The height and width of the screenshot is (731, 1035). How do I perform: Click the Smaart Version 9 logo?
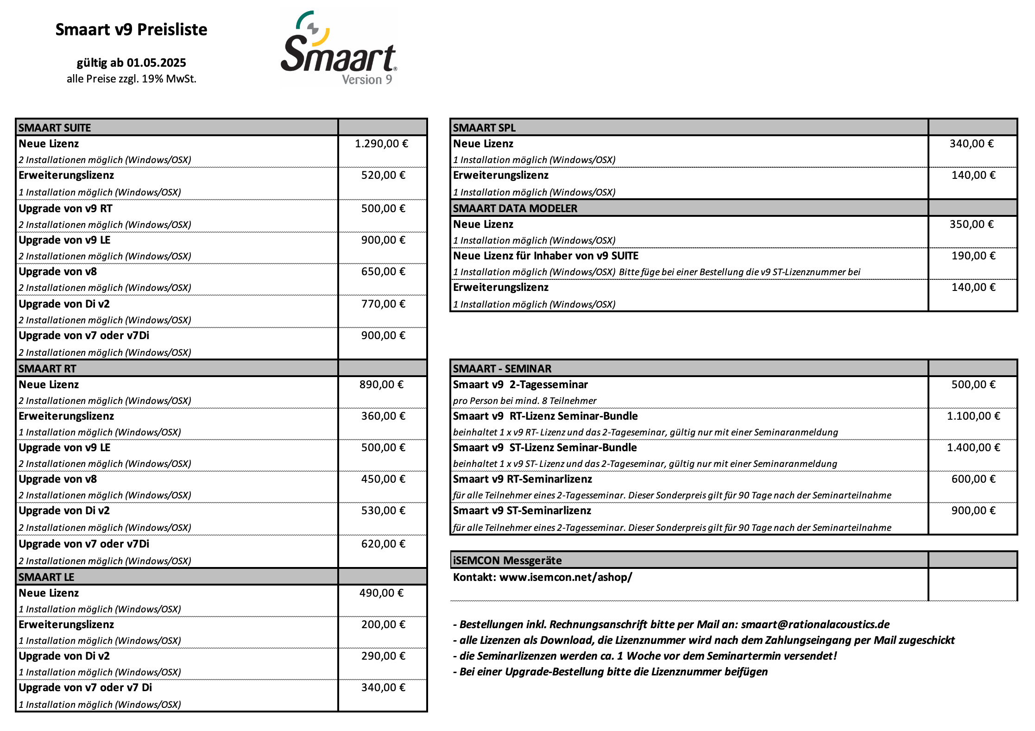coord(338,49)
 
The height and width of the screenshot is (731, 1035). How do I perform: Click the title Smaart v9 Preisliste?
coord(131,30)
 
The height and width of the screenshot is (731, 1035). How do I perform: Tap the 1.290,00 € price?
coord(381,144)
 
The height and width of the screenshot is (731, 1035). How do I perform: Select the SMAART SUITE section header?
coord(55,127)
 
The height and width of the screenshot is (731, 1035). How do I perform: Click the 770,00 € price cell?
coord(383,304)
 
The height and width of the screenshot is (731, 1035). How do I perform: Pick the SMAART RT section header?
coord(47,368)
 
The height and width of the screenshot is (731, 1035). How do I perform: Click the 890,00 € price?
coord(381,384)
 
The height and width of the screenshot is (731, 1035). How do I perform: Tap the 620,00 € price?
coord(383,544)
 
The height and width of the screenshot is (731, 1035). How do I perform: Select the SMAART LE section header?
coord(46,577)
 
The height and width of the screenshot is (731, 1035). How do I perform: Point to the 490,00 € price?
coord(381,593)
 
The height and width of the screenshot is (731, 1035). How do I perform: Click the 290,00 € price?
coord(383,656)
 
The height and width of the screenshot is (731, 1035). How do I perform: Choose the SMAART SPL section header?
coord(484,127)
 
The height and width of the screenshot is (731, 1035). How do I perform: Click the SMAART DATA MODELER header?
coord(515,208)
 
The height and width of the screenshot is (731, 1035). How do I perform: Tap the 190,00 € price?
coord(973,256)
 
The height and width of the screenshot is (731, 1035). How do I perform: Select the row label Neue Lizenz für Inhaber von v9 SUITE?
coord(545,256)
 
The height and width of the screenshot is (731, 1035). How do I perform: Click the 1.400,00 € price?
coord(973,447)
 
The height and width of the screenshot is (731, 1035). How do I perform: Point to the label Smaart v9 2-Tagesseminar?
coord(520,384)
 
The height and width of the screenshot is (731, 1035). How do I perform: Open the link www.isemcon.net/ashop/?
coord(565,577)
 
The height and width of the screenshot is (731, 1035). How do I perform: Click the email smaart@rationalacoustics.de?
coord(815,624)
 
